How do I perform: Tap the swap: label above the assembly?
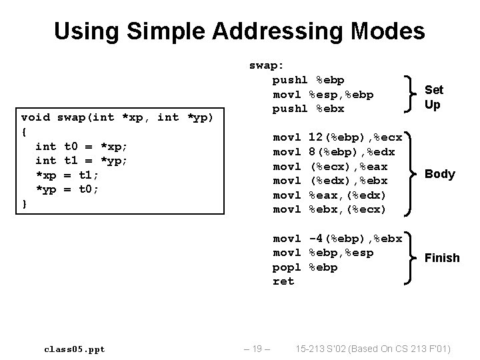pyautogui.click(x=266, y=65)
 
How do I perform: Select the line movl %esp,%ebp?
pyautogui.click(x=323, y=94)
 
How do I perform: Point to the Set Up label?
pyautogui.click(x=433, y=97)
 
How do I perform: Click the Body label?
pyautogui.click(x=440, y=174)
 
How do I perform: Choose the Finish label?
pyautogui.click(x=442, y=257)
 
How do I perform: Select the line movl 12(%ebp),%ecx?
pyautogui.click(x=337, y=137)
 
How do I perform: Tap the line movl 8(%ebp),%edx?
pyautogui.click(x=333, y=151)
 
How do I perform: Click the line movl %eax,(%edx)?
pyautogui.click(x=330, y=195)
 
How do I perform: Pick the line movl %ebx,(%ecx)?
pyautogui.click(x=330, y=209)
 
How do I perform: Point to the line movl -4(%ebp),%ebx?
pyautogui.click(x=337, y=239)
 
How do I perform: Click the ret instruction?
pyautogui.click(x=283, y=281)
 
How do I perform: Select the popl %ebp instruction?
pyautogui.click(x=305, y=267)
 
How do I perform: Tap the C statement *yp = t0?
pyautogui.click(x=69, y=189)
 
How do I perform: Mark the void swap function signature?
pyautogui.click(x=117, y=117)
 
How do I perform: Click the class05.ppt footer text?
pyautogui.click(x=74, y=349)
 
